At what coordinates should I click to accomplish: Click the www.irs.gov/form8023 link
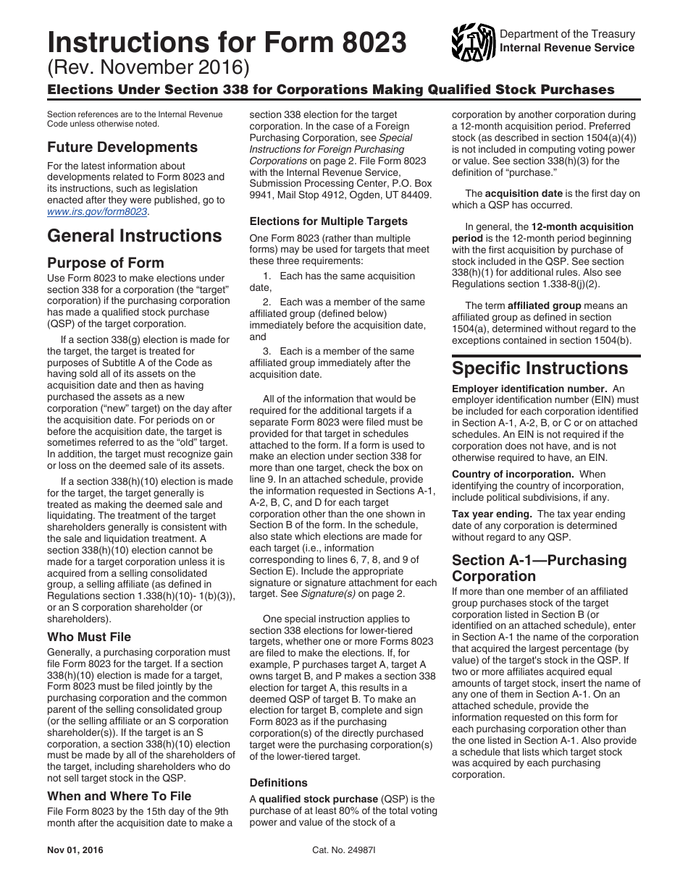[x=97, y=212]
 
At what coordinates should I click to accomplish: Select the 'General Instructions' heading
[x=135, y=236]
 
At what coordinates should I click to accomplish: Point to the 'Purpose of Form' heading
[x=106, y=263]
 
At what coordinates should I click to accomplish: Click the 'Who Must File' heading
[x=89, y=637]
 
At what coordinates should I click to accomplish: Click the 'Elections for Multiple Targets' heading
[x=329, y=221]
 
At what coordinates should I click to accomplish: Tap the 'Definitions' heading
[x=279, y=782]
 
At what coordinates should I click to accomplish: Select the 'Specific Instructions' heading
[x=540, y=368]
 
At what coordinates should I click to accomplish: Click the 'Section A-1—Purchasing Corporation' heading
[x=540, y=568]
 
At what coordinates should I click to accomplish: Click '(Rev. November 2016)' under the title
[x=148, y=69]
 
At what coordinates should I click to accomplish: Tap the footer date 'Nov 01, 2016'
[x=75, y=850]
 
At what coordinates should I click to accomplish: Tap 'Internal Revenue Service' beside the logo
[x=567, y=48]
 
